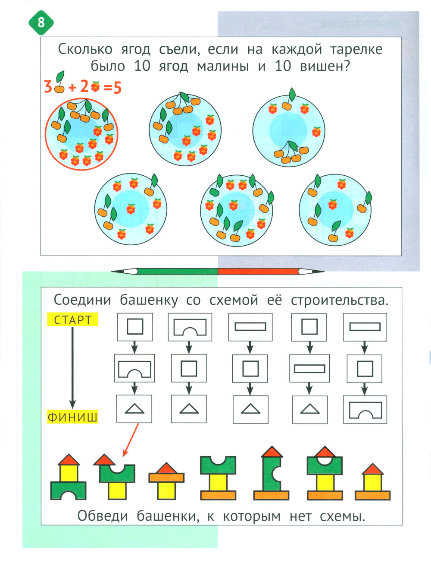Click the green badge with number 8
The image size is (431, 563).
[41, 22]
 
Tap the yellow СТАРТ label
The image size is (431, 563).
[73, 320]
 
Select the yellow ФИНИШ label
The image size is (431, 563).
[72, 417]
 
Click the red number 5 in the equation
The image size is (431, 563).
[117, 88]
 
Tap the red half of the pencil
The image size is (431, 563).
[259, 272]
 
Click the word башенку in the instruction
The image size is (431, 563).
[148, 300]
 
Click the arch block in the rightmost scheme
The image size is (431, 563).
[365, 410]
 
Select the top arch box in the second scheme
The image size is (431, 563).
[190, 327]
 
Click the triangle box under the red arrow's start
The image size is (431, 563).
[134, 408]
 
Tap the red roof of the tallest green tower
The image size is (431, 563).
[272, 452]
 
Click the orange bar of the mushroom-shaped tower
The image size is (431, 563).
[166, 478]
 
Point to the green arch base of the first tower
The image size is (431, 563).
[68, 490]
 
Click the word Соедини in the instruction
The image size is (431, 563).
[82, 300]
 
